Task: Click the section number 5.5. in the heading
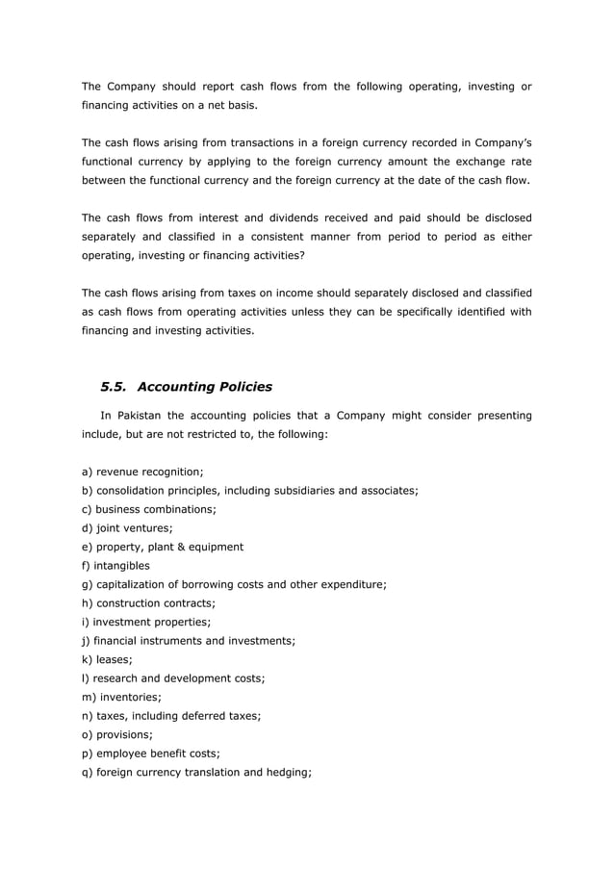tap(115, 387)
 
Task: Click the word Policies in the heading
tap(238, 387)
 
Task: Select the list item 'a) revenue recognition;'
tap(141, 472)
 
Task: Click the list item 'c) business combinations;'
tap(148, 509)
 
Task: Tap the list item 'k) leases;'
tap(107, 660)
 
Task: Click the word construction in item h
tap(132, 603)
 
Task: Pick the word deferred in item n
tap(202, 716)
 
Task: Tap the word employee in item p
tap(124, 754)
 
